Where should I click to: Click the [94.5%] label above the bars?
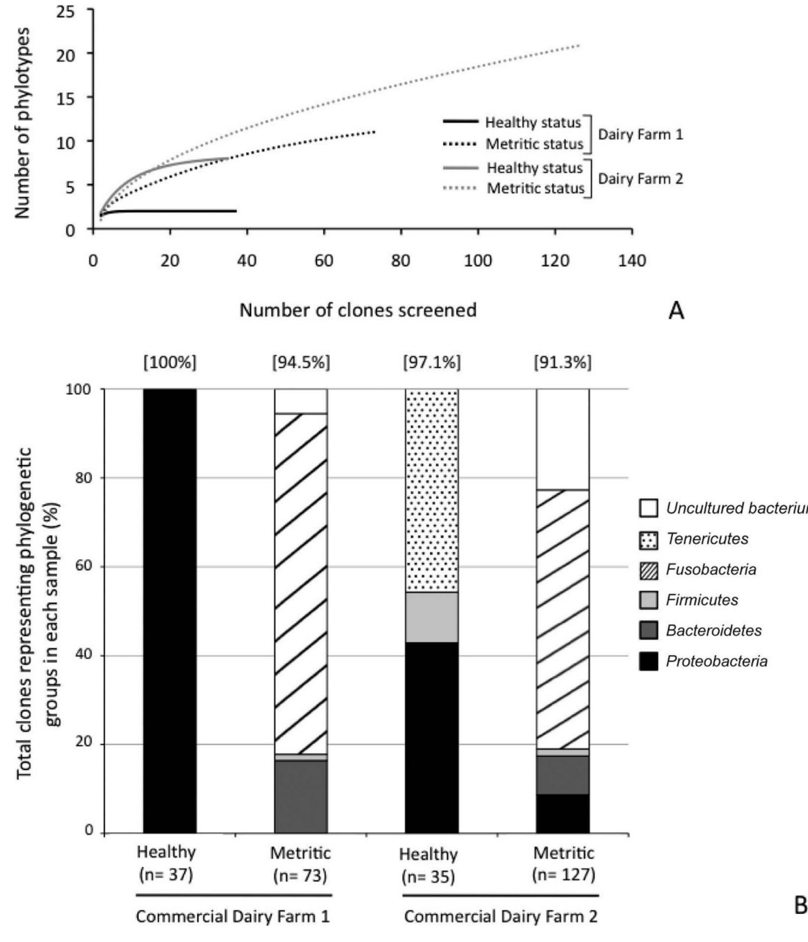301,362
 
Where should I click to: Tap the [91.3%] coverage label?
562,362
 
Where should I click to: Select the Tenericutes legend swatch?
648,539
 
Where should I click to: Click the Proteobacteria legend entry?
716,662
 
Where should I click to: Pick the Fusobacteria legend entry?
711,569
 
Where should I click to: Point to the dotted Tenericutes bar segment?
432,490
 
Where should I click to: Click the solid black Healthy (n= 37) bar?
170,609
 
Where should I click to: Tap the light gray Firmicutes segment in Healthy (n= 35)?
432,617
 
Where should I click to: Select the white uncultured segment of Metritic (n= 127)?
562,439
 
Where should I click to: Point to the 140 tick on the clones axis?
632,261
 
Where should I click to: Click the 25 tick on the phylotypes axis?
68,12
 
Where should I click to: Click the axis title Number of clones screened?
358,310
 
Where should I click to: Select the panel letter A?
676,311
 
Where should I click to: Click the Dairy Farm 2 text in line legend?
640,179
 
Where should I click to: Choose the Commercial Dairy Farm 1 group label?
233,917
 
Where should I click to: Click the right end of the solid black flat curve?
236,211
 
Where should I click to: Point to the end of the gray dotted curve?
579,45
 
